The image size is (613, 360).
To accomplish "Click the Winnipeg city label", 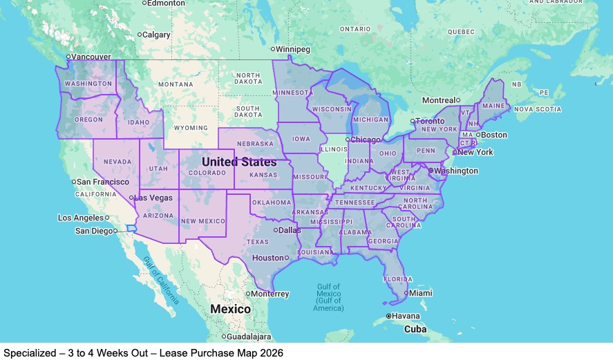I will point(294,49).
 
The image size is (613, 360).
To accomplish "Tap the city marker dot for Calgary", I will point(139,35).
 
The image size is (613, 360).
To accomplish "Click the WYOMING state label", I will point(190,128).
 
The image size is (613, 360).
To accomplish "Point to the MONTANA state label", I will point(176,84).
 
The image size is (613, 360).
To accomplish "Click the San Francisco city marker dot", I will point(74,182).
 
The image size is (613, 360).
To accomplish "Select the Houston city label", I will point(267,258).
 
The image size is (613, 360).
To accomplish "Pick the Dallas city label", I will point(290,229).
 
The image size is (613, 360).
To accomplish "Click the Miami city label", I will point(421,293).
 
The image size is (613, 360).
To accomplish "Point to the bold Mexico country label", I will point(230,309).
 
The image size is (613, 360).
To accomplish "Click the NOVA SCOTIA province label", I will point(538,109).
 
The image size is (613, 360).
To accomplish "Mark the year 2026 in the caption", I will point(271,352).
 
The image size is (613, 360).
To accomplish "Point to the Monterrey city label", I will point(270,294).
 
